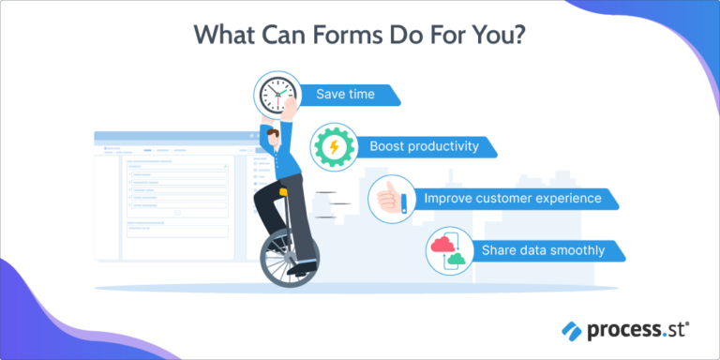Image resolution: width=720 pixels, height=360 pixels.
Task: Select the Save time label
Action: coord(347,96)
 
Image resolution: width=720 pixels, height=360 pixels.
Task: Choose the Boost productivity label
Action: coord(424,146)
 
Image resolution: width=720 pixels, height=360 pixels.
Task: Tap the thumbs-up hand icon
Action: coord(391,199)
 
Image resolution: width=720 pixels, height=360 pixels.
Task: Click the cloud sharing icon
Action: coord(449,251)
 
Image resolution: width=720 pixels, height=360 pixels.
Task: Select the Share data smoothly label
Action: coord(543,251)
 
